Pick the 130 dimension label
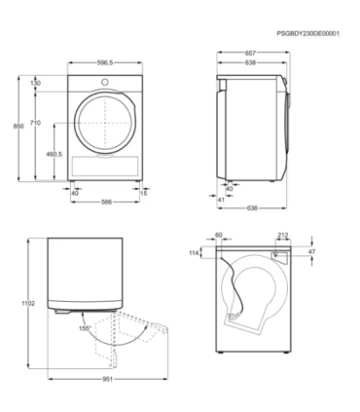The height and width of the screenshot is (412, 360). click(36, 84)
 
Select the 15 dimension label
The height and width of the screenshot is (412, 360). click(144, 193)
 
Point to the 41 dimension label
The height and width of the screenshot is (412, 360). click(221, 199)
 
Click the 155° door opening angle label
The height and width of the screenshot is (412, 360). click(85, 329)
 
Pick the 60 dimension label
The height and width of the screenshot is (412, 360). click(218, 235)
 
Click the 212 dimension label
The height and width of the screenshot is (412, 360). click(282, 235)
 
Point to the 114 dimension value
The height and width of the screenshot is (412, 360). click(195, 252)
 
